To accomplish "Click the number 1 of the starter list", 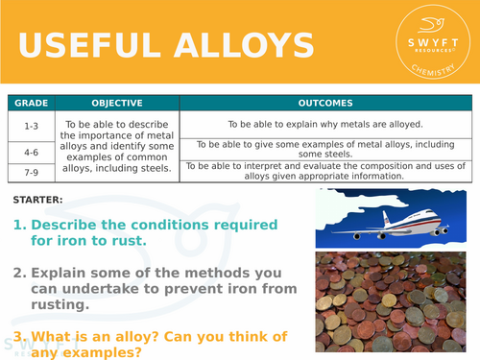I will pyautogui.click(x=19, y=225).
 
